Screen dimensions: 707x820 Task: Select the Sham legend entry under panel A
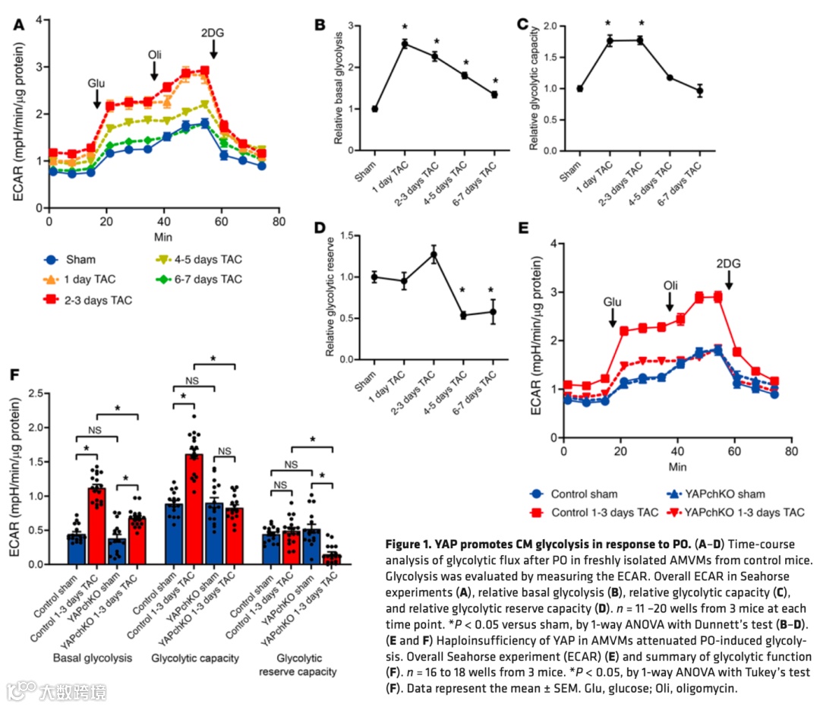[x=76, y=259]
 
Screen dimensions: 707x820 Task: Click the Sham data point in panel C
[x=579, y=88]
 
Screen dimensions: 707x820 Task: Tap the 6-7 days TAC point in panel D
[x=493, y=311]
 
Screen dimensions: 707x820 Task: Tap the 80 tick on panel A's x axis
[x=279, y=222]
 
